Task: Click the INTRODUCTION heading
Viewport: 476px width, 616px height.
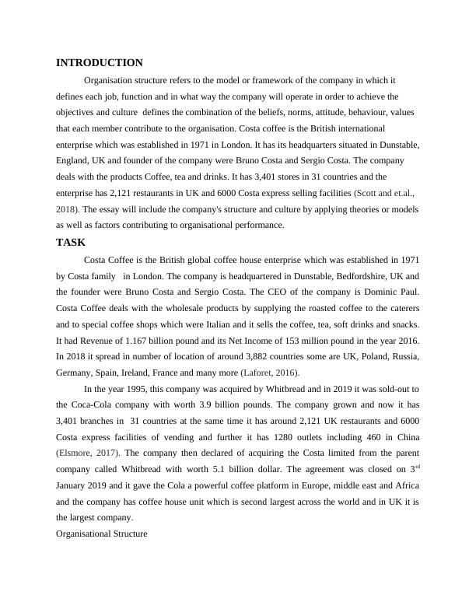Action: [x=100, y=62]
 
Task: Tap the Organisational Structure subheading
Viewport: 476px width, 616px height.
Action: [x=101, y=534]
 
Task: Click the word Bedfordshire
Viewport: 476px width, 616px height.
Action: [x=331, y=276]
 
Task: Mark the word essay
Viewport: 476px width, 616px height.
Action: [x=112, y=209]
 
